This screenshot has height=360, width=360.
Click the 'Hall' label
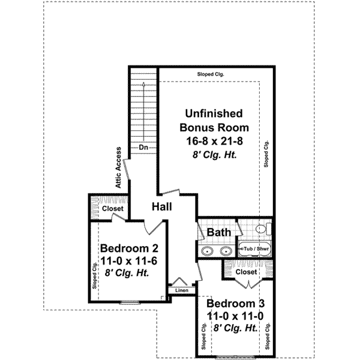[x=162, y=206]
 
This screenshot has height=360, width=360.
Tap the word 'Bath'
[x=216, y=232]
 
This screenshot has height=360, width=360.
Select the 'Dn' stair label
[x=144, y=147]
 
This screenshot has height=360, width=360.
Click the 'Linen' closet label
[x=181, y=291]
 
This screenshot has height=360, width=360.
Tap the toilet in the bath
[x=261, y=229]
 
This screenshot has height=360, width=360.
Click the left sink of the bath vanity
[x=208, y=251]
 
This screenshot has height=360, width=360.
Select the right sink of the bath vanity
[x=226, y=251]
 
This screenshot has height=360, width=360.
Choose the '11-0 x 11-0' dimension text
[x=232, y=316]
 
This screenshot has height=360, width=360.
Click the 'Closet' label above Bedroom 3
[x=246, y=272]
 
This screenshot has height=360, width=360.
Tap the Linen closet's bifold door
[x=178, y=281]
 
